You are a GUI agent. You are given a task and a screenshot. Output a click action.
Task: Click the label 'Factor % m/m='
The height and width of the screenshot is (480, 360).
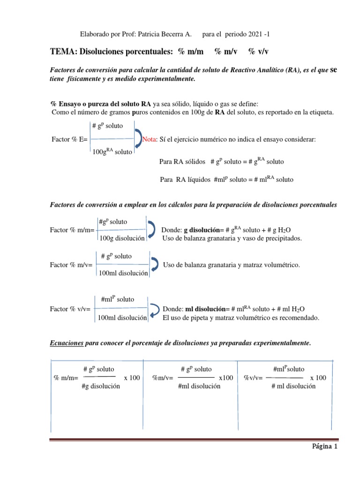72,230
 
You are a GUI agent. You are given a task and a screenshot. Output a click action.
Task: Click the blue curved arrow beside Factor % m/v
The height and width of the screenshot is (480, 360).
155,264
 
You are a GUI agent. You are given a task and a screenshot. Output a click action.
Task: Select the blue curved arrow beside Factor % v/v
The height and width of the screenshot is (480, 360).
154,309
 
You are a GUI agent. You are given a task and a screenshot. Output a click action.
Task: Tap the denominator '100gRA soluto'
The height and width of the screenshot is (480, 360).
112,151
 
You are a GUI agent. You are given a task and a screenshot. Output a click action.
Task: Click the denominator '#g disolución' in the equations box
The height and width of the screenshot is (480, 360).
100,386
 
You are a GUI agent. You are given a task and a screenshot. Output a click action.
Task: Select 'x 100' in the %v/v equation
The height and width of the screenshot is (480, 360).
318,377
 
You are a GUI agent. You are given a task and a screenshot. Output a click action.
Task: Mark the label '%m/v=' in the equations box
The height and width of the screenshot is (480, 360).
163,378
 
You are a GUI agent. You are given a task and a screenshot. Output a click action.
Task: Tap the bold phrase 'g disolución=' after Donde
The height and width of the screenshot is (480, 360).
201,230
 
